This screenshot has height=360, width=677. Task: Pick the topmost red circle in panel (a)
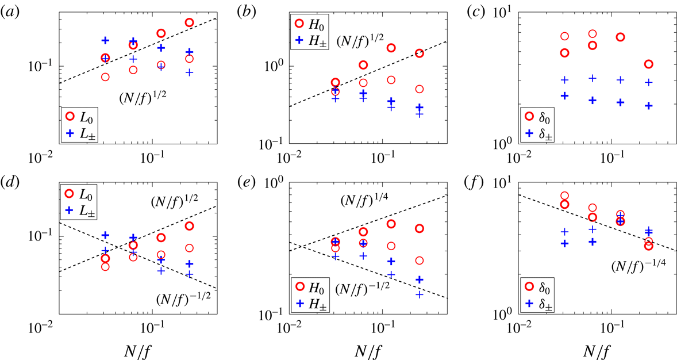coord(189,22)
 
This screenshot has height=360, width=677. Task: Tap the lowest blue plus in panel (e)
coord(419,294)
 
